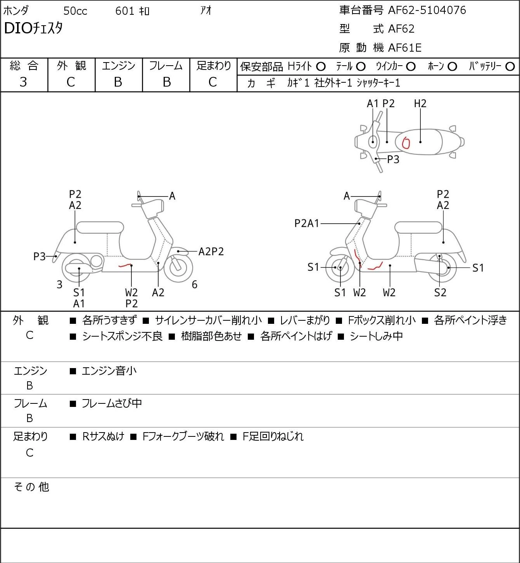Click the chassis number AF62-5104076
(427, 10)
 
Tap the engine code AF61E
(405, 48)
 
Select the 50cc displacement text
(75, 11)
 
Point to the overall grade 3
(23, 82)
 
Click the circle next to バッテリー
(510, 67)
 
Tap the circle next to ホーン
(452, 67)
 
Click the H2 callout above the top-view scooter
(420, 103)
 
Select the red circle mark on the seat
(406, 142)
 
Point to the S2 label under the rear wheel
(440, 292)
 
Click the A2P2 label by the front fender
(211, 252)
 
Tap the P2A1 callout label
(307, 223)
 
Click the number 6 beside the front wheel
(195, 284)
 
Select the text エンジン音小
(109, 371)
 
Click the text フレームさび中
(112, 403)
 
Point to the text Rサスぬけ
(104, 436)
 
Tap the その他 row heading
(31, 487)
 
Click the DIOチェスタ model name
(33, 28)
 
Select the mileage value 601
(124, 11)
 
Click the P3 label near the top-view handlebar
(393, 159)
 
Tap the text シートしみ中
(376, 336)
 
